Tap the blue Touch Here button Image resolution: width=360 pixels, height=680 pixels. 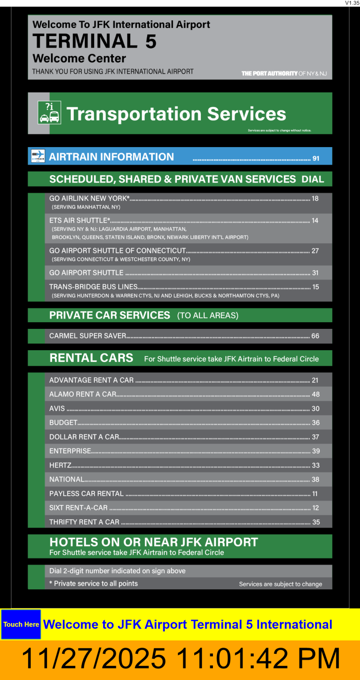(x=21, y=624)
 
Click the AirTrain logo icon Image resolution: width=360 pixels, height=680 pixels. (x=38, y=156)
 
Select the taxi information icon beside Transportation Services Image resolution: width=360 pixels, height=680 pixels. (x=49, y=112)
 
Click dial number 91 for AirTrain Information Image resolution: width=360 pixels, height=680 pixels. (x=316, y=158)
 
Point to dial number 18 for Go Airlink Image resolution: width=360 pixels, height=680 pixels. (x=315, y=199)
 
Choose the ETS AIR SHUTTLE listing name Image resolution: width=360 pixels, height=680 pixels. (x=80, y=220)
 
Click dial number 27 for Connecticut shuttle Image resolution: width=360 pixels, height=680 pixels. (x=315, y=251)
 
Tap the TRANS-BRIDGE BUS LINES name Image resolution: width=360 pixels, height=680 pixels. (x=93, y=287)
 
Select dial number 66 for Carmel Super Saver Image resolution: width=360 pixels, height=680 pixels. (x=315, y=336)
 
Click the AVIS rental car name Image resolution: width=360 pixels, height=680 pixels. (x=57, y=408)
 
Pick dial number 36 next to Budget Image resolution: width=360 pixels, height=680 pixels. (x=316, y=423)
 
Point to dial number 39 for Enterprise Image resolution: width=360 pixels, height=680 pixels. (x=316, y=451)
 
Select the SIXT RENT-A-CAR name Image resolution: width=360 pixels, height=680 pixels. (x=78, y=508)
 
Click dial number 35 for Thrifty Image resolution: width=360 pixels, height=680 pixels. (x=316, y=522)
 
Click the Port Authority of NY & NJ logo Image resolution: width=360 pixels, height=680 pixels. (x=284, y=73)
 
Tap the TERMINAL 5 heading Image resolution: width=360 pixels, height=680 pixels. (x=95, y=41)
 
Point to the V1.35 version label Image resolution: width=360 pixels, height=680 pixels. (x=352, y=3)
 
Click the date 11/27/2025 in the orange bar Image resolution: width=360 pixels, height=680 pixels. (x=93, y=659)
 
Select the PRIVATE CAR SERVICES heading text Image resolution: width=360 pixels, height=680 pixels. (x=110, y=315)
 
